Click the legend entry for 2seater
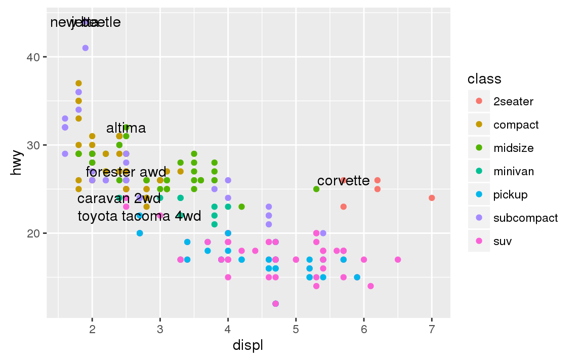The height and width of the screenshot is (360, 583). (x=513, y=101)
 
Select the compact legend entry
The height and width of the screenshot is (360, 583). (x=516, y=125)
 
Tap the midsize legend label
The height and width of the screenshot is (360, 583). (x=513, y=148)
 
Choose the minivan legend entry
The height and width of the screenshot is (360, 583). (x=513, y=171)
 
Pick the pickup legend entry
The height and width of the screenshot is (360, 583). (x=510, y=194)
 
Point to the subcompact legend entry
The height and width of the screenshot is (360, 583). (x=525, y=218)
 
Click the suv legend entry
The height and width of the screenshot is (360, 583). (x=503, y=241)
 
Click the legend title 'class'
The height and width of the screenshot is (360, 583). (x=484, y=79)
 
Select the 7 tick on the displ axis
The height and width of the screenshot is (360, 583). (x=432, y=330)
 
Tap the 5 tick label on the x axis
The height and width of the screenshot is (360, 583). (x=296, y=330)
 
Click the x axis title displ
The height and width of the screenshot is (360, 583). (x=247, y=346)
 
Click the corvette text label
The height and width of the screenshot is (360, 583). (x=344, y=180)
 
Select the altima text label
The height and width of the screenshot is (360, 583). (x=126, y=128)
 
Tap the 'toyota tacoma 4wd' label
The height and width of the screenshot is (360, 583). (x=139, y=216)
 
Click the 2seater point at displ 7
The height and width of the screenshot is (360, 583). (x=432, y=198)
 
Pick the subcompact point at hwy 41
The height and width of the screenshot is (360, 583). (x=86, y=48)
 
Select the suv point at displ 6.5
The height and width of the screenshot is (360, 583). (x=398, y=260)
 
